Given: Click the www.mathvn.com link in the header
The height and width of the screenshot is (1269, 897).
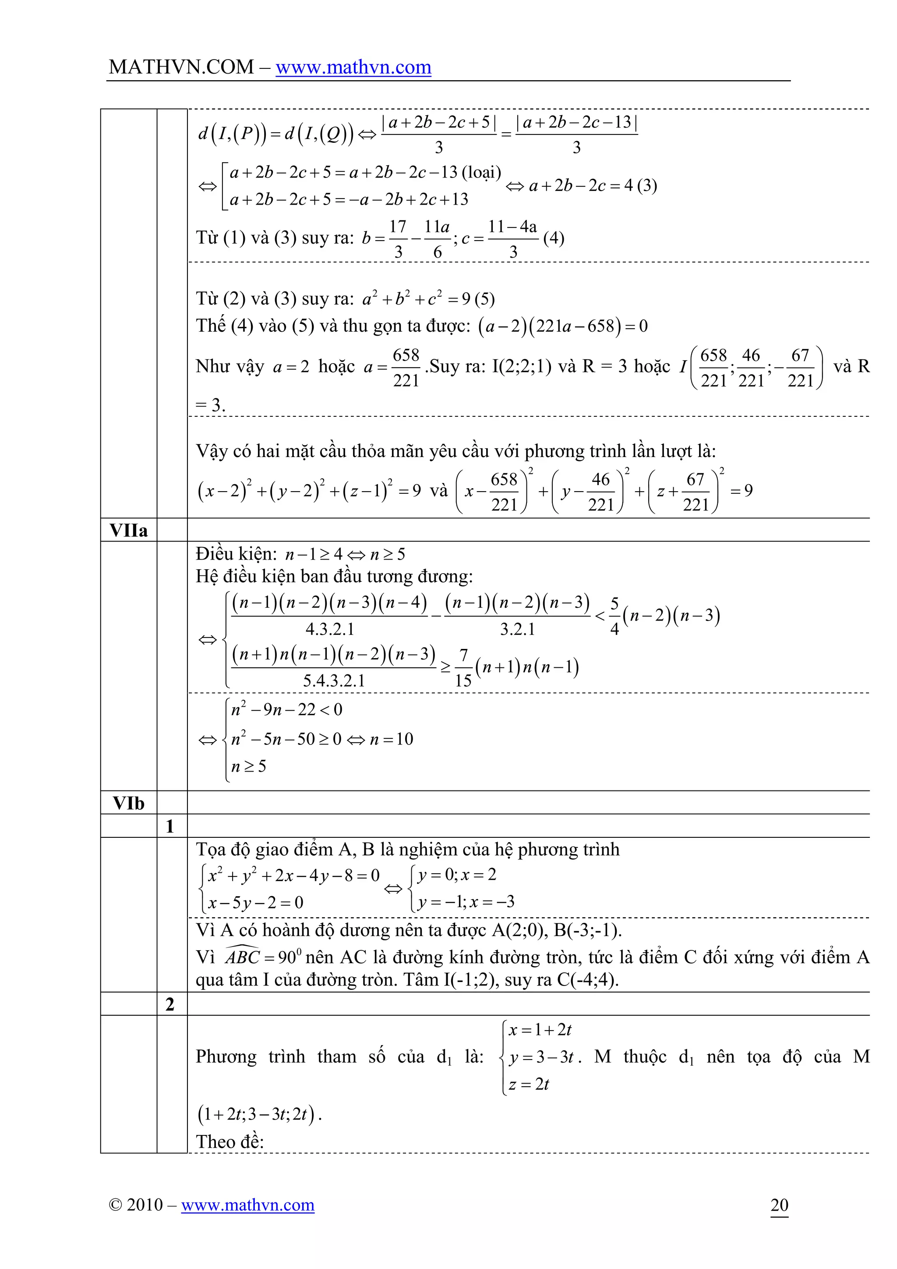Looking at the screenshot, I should (x=353, y=67).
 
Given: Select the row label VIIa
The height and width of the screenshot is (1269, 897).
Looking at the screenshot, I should (x=129, y=531).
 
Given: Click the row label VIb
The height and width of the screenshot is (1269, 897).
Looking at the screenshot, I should (x=129, y=803).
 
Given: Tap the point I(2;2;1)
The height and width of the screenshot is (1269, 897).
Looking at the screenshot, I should (x=521, y=366).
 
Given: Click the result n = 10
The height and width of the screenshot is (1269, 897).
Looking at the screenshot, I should (x=392, y=739).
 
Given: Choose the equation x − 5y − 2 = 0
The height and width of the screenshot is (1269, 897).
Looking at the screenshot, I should (x=255, y=903).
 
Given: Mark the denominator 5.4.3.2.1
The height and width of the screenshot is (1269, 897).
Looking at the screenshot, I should (x=334, y=681).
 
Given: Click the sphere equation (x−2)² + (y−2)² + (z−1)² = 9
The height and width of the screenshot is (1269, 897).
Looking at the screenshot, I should (x=309, y=491).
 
